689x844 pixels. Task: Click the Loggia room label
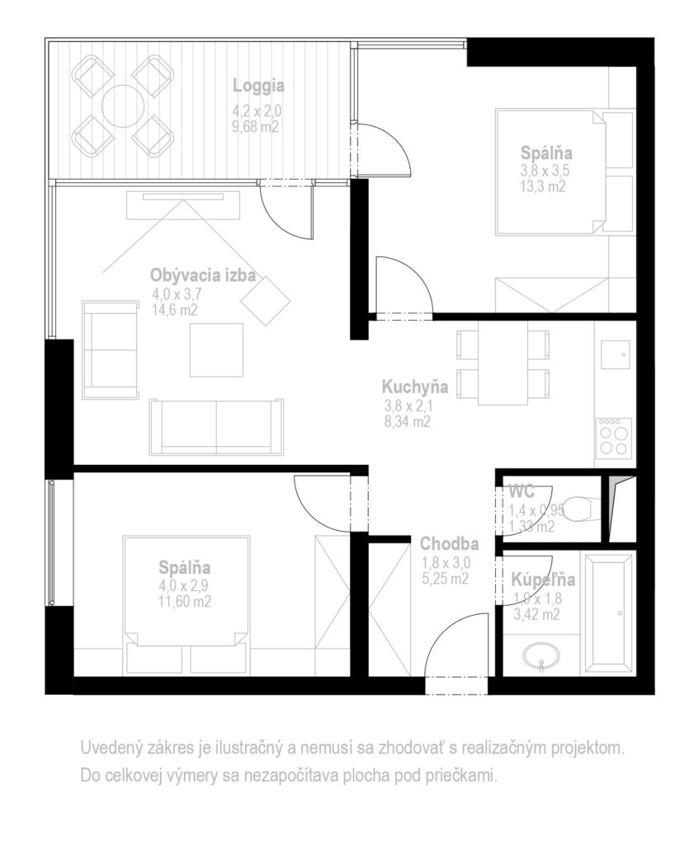[x=258, y=86]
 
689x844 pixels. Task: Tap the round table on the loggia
[x=124, y=106]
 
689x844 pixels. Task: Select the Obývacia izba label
[x=203, y=275]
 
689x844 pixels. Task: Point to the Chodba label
[x=449, y=544]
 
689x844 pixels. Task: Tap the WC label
[x=521, y=491]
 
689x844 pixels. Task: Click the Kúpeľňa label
[x=543, y=579]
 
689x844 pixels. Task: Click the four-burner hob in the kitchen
[x=614, y=437]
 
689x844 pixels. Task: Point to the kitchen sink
[x=616, y=354]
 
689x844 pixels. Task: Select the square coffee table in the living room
[x=216, y=349]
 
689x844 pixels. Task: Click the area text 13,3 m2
[x=542, y=187]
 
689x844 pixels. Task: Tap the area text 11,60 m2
[x=185, y=601]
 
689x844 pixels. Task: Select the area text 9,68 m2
[x=256, y=127]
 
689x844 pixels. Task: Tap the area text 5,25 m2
[x=446, y=579]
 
